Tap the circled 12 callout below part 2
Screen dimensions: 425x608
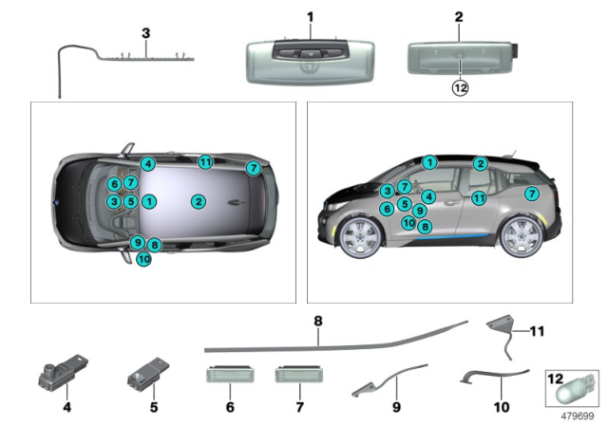click(x=459, y=88)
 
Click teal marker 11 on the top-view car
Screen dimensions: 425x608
click(x=204, y=161)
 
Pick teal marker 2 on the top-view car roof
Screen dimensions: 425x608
click(x=198, y=201)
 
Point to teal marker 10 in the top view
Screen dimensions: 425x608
click(x=142, y=258)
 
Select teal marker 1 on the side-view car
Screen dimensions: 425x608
click(x=429, y=162)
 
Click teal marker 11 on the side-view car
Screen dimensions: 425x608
click(x=480, y=197)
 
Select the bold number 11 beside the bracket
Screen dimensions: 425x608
click(x=538, y=332)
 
